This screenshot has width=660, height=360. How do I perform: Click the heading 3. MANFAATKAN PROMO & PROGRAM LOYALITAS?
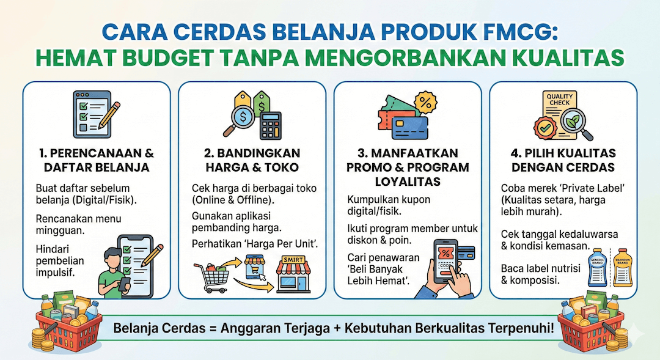408,167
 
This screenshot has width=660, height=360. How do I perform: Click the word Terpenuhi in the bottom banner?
522,328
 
